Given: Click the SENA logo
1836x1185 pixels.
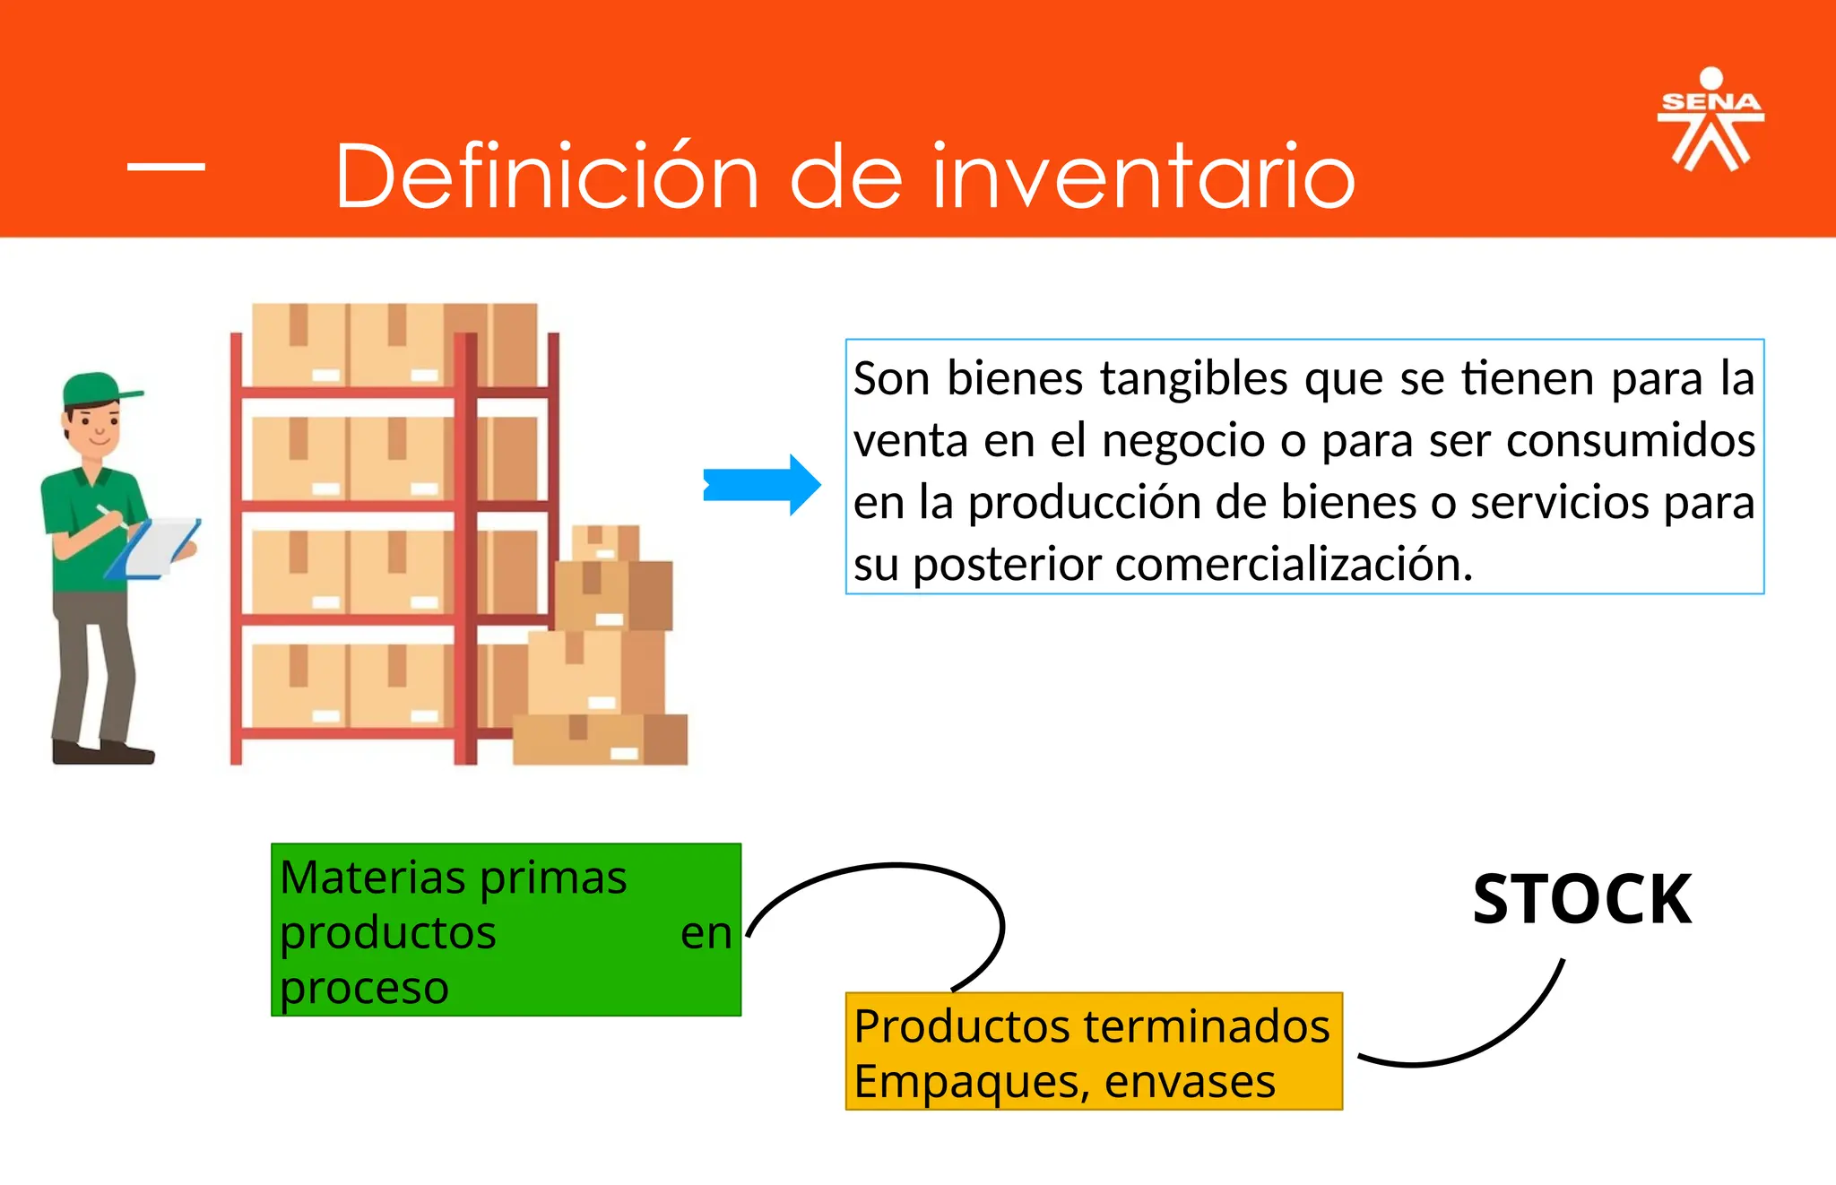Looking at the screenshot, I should (1710, 120).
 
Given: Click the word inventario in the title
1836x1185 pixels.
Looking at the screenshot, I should (1143, 177).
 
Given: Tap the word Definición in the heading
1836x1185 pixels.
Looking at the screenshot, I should (547, 177).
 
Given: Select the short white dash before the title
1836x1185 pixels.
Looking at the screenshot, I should (166, 166).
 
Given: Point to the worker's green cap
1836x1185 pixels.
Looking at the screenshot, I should (94, 389).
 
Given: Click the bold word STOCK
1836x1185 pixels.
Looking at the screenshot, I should (1581, 899).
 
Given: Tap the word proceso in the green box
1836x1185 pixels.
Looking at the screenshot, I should (364, 988).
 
